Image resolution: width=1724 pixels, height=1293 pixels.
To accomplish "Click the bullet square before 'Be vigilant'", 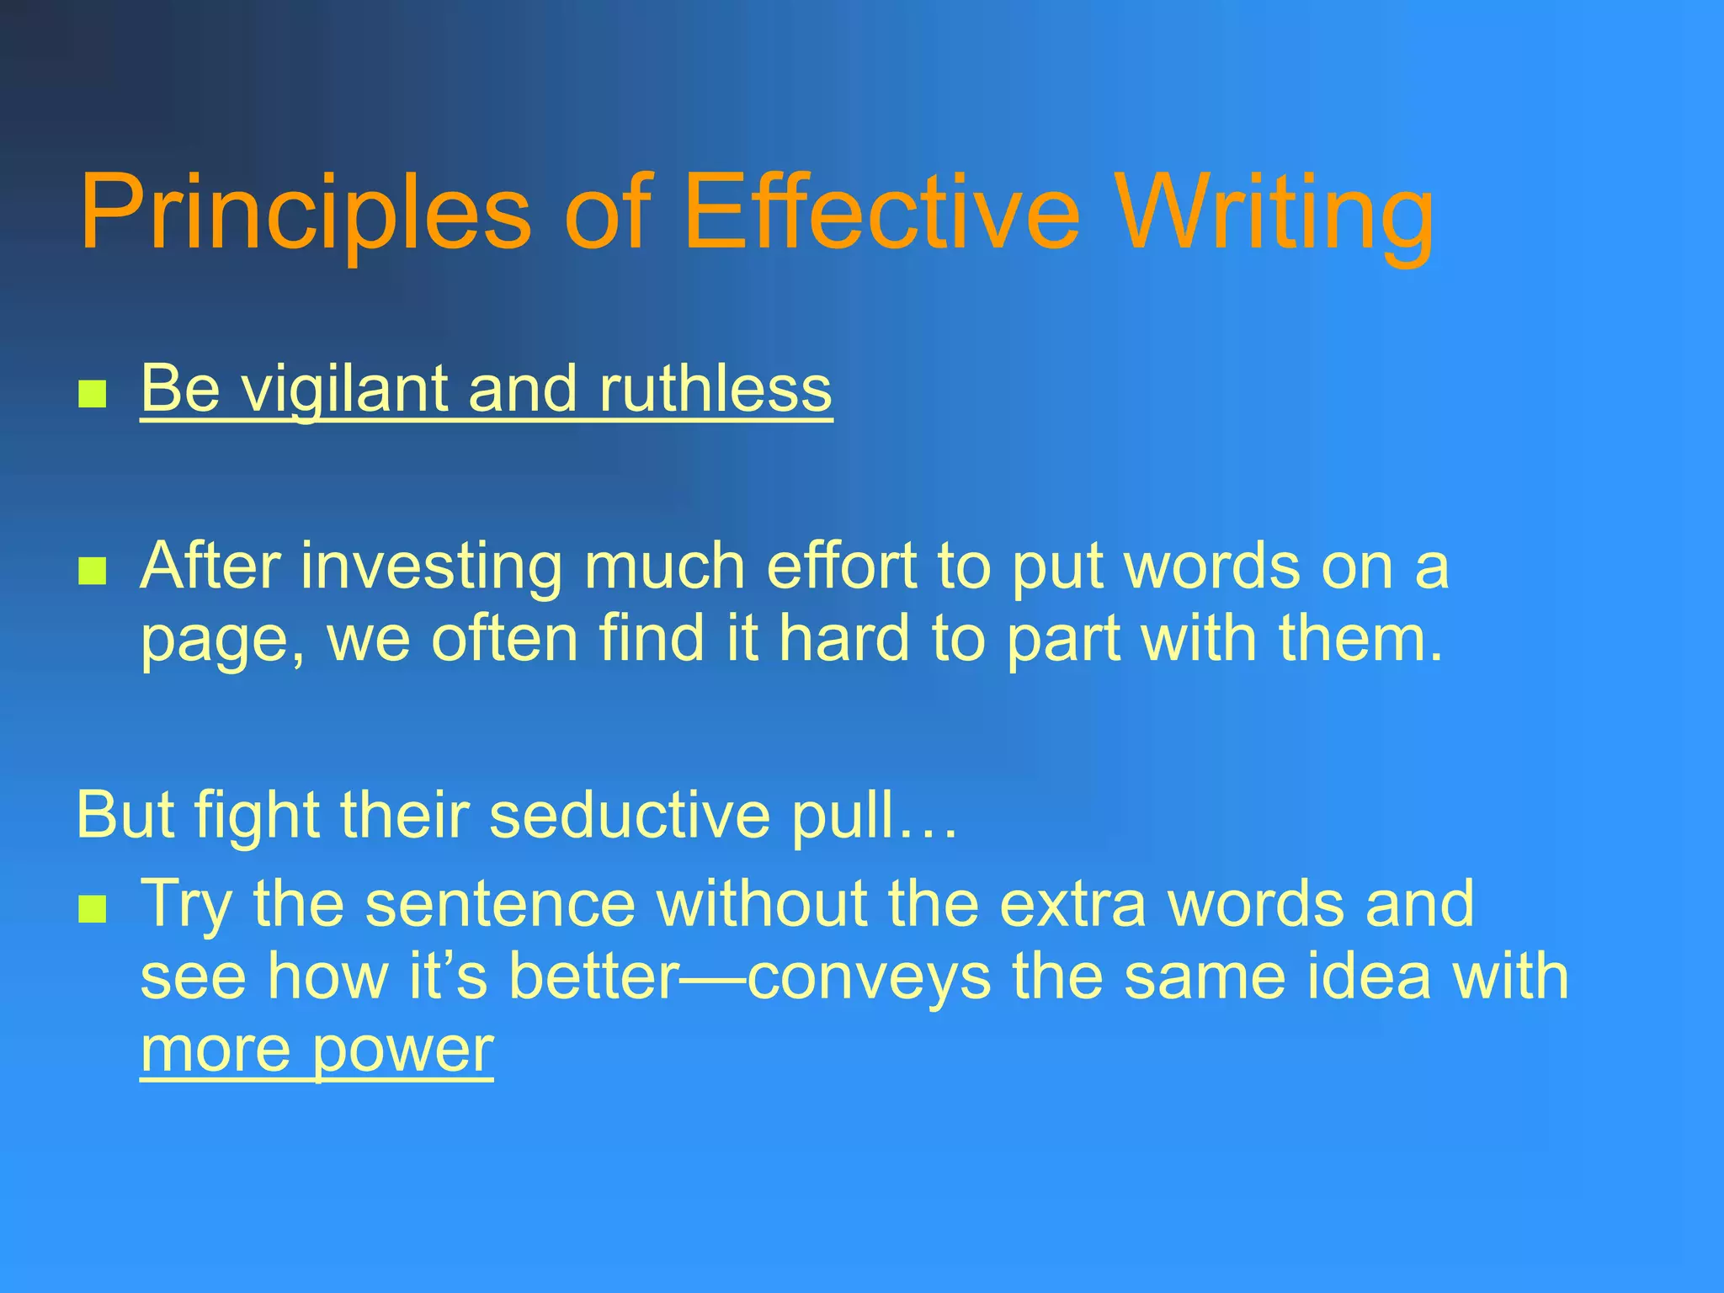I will [92, 393].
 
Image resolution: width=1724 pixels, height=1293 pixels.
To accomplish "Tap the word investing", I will [431, 567].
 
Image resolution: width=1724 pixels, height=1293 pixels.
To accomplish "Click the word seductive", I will [629, 815].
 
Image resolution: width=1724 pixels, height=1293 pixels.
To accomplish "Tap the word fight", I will [256, 815].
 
